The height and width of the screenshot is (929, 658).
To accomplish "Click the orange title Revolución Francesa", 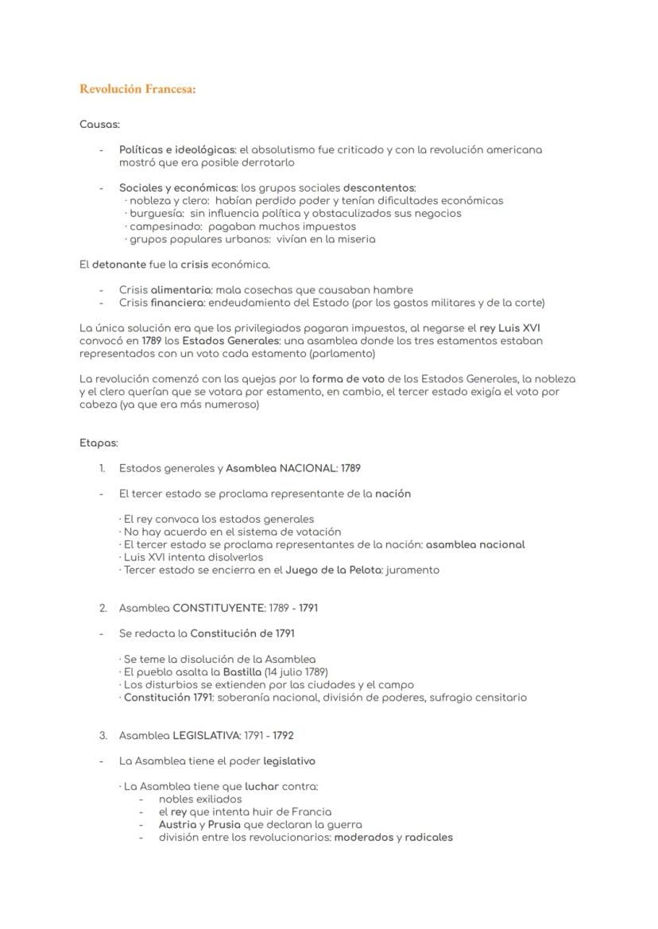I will pyautogui.click(x=137, y=89).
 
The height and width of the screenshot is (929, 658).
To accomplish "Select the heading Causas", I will pyautogui.click(x=99, y=124).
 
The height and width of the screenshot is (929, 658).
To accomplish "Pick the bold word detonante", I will pyautogui.click(x=118, y=264).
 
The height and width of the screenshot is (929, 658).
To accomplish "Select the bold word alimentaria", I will pyautogui.click(x=180, y=290).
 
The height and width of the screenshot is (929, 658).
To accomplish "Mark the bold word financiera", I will pyautogui.click(x=178, y=303).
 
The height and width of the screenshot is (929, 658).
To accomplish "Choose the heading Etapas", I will pyautogui.click(x=99, y=443).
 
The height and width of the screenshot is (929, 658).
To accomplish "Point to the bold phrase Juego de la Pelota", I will pyautogui.click(x=334, y=570).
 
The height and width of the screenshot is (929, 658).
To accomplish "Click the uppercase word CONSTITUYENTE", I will pyautogui.click(x=219, y=608).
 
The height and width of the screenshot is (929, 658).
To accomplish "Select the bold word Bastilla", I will pyautogui.click(x=242, y=672).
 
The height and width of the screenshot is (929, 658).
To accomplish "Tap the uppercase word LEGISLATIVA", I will pyautogui.click(x=207, y=735).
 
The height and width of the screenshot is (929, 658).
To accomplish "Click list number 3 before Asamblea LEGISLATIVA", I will pyautogui.click(x=103, y=735).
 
